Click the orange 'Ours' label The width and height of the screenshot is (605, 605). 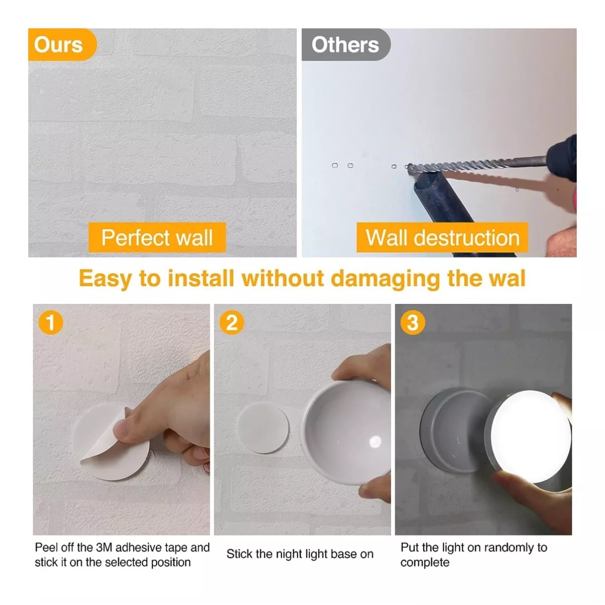click(62, 44)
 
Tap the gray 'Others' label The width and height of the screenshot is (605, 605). click(346, 44)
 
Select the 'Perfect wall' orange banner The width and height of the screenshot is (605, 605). click(157, 237)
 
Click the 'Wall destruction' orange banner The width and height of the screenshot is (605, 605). click(442, 237)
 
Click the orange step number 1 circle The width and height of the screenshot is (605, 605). click(50, 323)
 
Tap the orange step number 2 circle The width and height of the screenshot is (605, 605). click(232, 323)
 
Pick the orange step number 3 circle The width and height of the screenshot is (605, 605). click(412, 323)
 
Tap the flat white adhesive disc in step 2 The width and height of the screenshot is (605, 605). click(263, 428)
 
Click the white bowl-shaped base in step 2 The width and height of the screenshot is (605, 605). click(346, 433)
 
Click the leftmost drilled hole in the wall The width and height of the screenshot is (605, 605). click(335, 165)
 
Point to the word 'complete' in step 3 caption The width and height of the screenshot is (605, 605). click(425, 562)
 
